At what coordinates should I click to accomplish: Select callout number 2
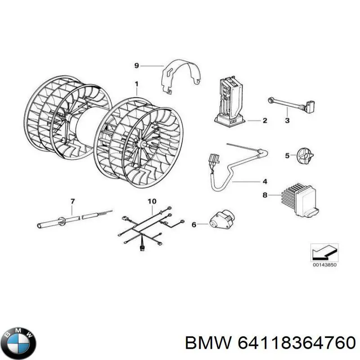[x=265, y=121]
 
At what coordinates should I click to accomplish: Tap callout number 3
[x=287, y=121]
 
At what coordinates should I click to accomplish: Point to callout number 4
[x=265, y=181]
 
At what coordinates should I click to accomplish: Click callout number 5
[x=287, y=156]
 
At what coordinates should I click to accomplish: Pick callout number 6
[x=194, y=224]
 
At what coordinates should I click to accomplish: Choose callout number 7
[x=72, y=200]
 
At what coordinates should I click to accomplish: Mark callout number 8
[x=265, y=195]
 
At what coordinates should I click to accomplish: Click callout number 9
[x=137, y=66]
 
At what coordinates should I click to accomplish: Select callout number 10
[x=152, y=200]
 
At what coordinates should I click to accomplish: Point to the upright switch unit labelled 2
[x=230, y=100]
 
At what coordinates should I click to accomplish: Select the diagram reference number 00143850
[x=324, y=265]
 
